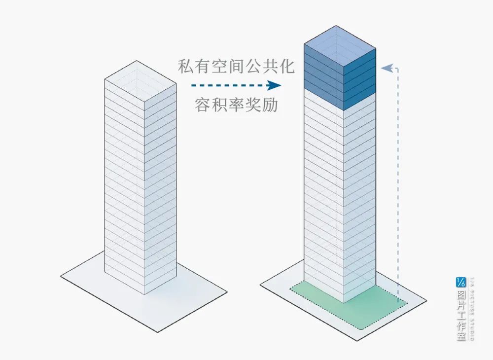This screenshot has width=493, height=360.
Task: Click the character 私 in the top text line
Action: pos(186,66)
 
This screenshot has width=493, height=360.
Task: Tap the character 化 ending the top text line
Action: pos(287,66)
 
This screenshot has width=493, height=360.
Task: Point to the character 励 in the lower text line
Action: pos(270,105)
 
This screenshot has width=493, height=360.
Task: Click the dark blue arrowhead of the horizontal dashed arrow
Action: pos(274,85)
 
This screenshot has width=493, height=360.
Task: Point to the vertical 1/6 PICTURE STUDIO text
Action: pos(472,308)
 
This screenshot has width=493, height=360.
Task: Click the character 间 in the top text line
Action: pos(237,66)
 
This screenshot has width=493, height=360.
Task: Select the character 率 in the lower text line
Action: pos(236,105)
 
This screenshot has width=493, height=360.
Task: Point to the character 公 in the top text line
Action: pos(253,66)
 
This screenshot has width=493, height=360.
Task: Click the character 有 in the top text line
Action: pos(203,66)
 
